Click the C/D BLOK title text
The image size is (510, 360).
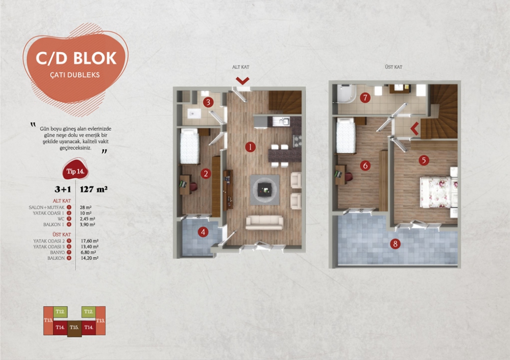(x=76, y=58)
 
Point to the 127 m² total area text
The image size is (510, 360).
(x=94, y=189)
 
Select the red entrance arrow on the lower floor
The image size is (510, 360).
(x=242, y=81)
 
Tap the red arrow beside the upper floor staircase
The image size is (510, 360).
(x=415, y=129)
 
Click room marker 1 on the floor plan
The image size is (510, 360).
(x=250, y=147)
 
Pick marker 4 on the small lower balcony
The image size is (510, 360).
(x=203, y=233)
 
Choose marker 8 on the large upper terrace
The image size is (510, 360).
(x=396, y=243)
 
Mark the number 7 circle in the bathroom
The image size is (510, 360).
(x=365, y=97)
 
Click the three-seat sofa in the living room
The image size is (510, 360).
(x=264, y=222)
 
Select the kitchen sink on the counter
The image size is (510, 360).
(x=280, y=121)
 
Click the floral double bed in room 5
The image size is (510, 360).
(x=436, y=192)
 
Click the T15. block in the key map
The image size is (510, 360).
(x=74, y=327)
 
